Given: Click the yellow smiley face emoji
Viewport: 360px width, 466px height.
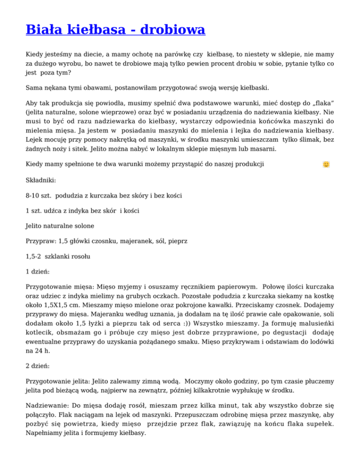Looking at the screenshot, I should [326, 165].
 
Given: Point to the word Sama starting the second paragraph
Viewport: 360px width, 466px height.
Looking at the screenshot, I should [34, 88].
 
